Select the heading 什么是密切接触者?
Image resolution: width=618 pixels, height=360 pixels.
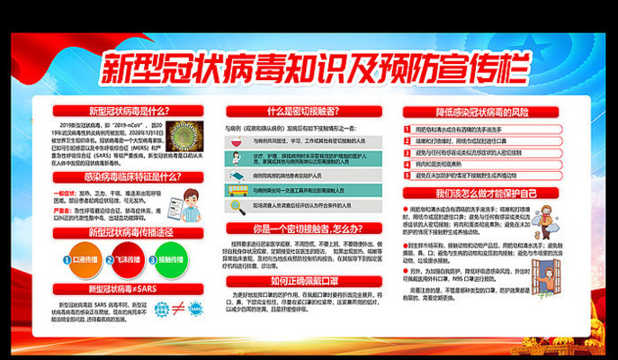click(x=309, y=110)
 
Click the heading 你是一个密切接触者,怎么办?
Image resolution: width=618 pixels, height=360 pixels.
click(x=309, y=229)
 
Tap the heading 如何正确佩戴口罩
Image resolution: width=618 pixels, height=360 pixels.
click(x=309, y=282)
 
